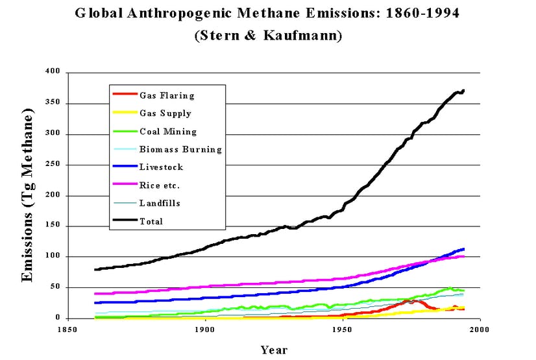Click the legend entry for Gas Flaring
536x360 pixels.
(167, 95)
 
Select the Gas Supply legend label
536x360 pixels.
(165, 114)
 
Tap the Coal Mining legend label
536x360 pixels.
(167, 132)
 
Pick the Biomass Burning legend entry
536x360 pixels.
(180, 149)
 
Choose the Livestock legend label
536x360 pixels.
(161, 167)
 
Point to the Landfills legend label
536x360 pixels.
(160, 203)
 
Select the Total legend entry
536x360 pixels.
(151, 221)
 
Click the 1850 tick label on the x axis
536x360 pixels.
(68, 330)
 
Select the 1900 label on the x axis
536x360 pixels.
(205, 330)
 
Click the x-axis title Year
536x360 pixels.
(274, 350)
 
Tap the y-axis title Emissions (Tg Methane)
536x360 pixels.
(27, 195)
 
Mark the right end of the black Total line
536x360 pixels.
(463, 90)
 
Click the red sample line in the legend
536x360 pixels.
(124, 95)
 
